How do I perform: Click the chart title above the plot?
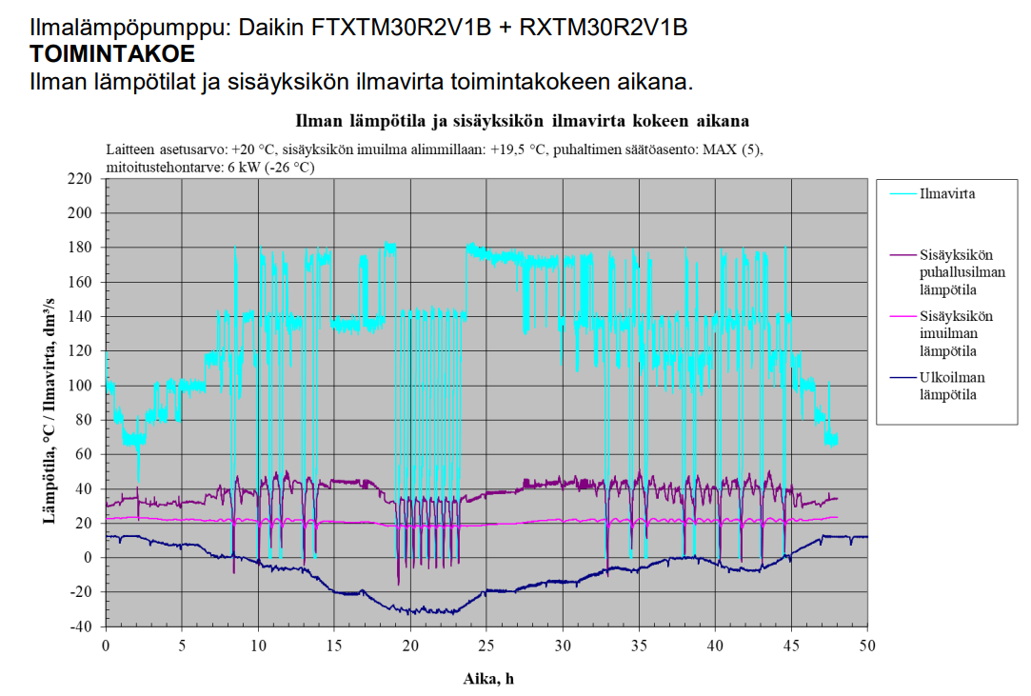(522, 121)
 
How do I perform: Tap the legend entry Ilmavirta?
(947, 193)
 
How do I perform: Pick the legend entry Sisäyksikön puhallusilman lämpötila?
(956, 272)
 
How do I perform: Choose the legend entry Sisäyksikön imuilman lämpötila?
(956, 334)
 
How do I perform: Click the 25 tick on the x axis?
(486, 646)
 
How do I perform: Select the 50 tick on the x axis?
(866, 646)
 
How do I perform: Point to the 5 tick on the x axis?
(182, 646)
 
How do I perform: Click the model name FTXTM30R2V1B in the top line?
(401, 28)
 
